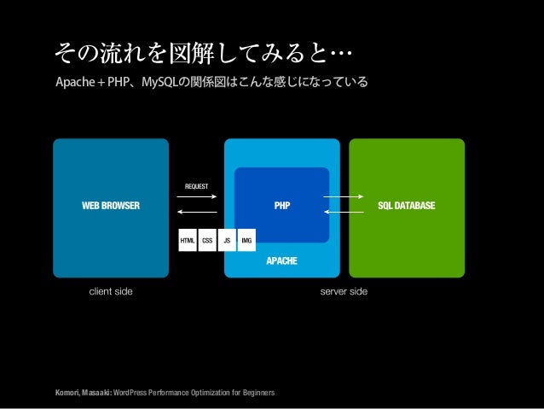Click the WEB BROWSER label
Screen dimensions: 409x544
click(x=110, y=206)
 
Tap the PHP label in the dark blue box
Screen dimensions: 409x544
click(x=281, y=206)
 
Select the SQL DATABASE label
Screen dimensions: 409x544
click(x=407, y=206)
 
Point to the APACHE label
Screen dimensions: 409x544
click(x=281, y=260)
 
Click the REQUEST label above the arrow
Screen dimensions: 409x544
click(x=197, y=185)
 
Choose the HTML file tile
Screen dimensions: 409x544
click(x=187, y=241)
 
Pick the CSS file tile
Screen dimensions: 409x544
click(x=207, y=241)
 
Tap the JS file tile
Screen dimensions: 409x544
click(x=227, y=241)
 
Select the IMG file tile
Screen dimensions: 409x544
click(x=246, y=241)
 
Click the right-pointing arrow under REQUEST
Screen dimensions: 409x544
click(x=197, y=198)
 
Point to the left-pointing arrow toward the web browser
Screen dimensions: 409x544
click(x=197, y=213)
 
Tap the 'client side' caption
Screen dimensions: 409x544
click(x=111, y=292)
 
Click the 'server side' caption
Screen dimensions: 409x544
click(x=344, y=292)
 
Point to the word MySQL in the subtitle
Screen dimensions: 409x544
click(x=159, y=83)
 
